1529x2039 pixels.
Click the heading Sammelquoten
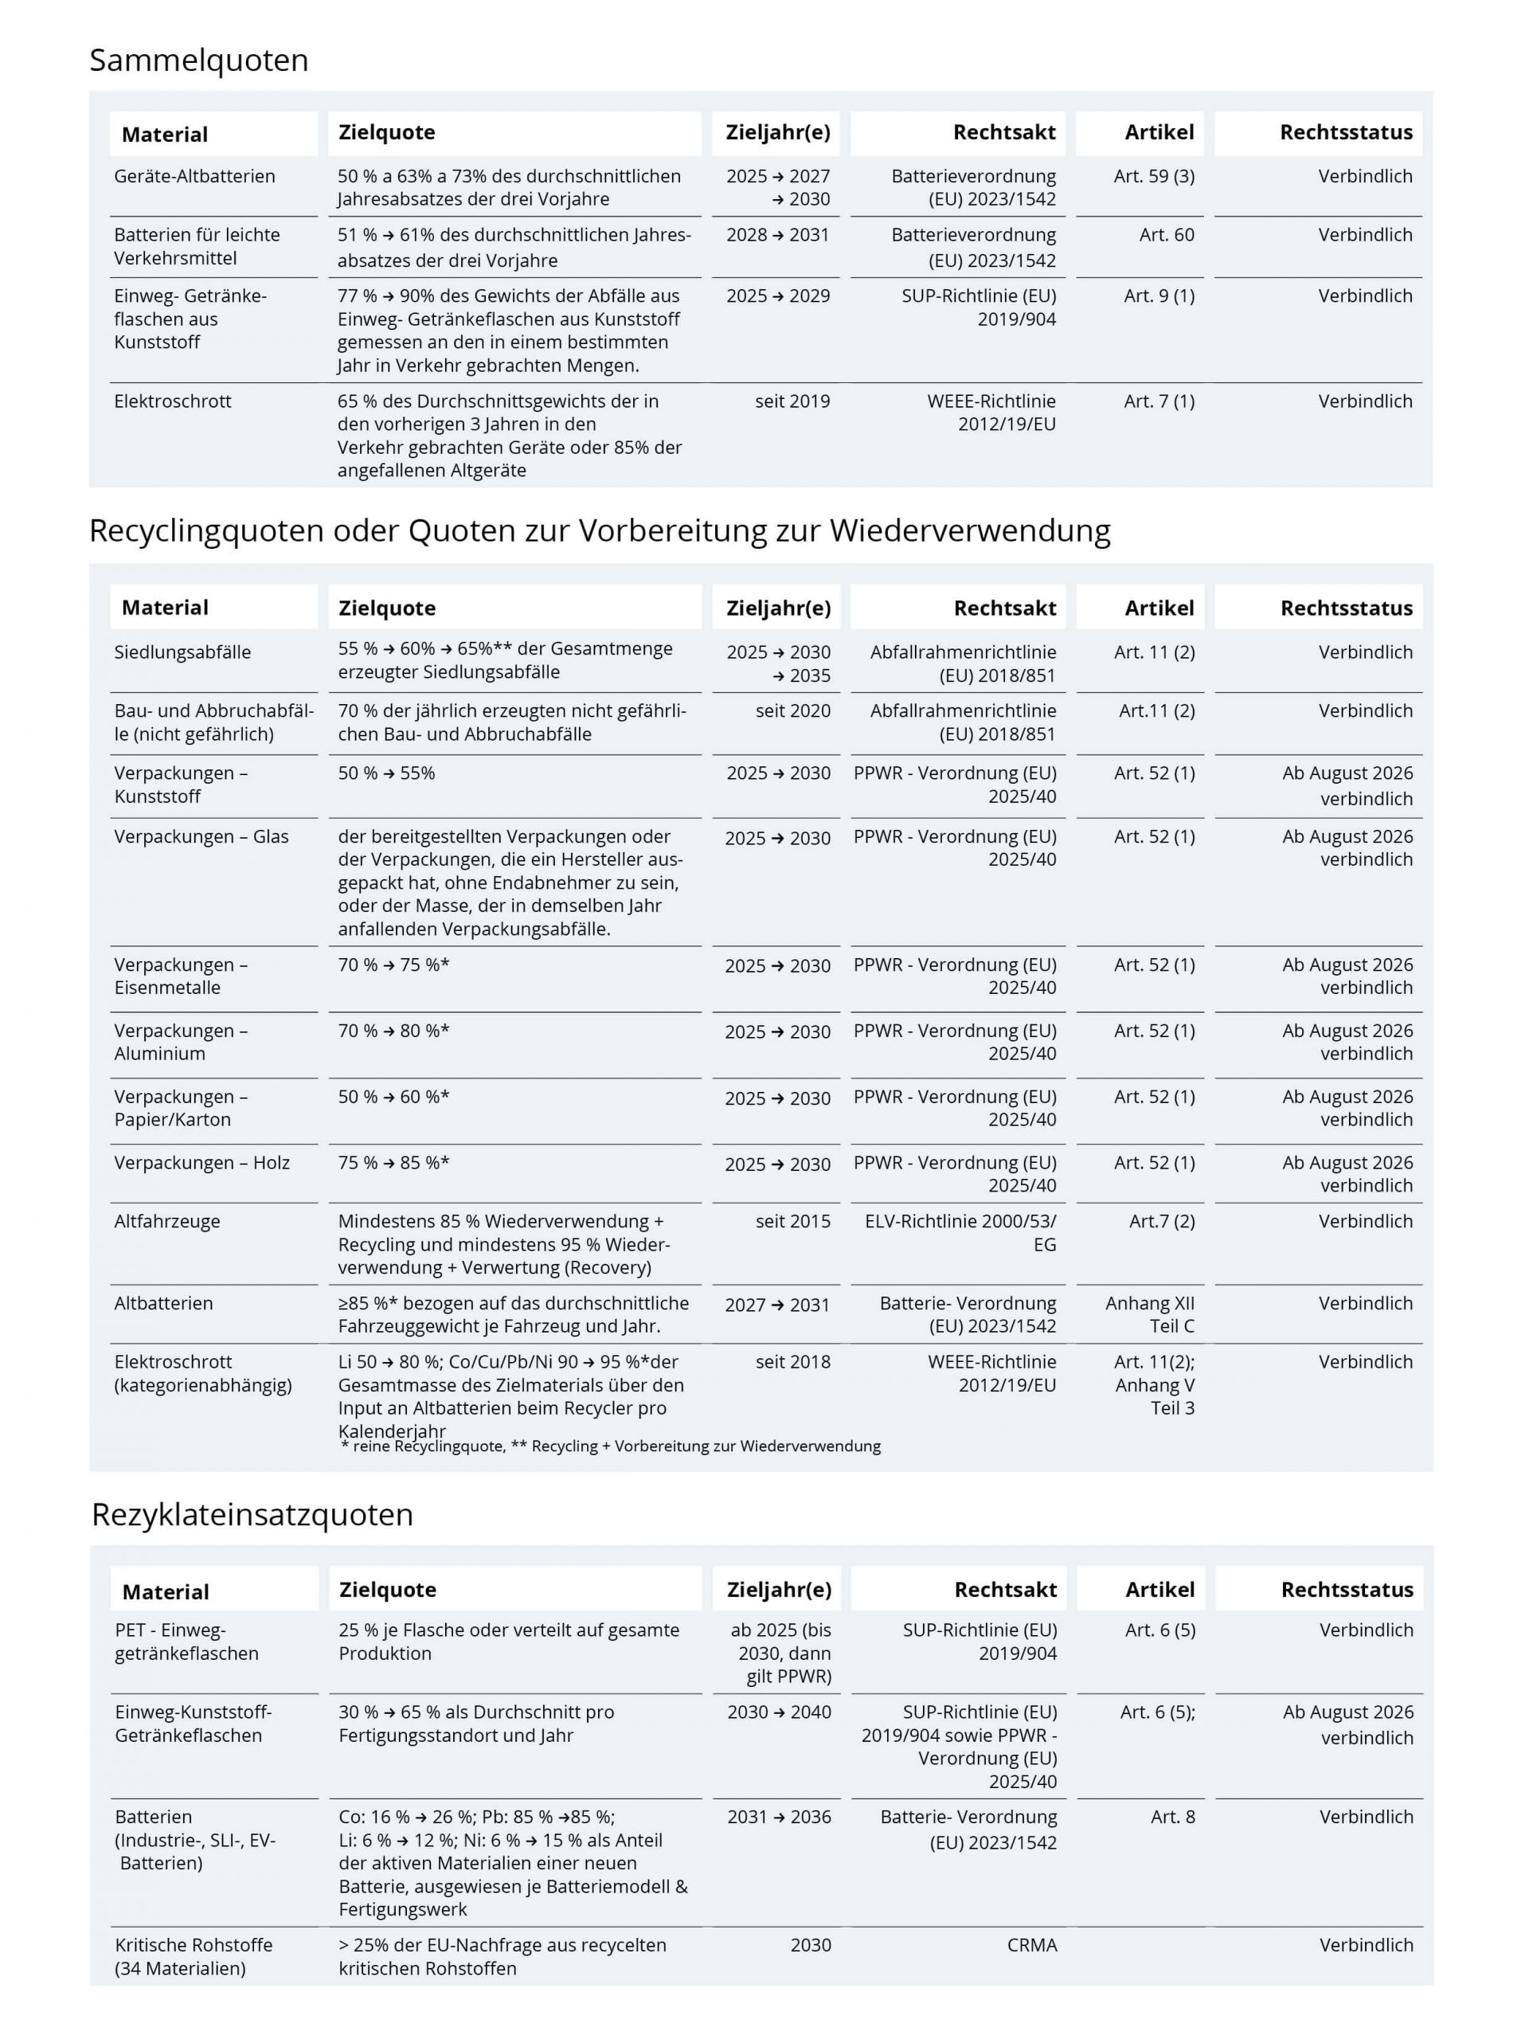[198, 61]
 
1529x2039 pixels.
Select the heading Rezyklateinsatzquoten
[252, 1514]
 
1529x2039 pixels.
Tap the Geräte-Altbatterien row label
[194, 176]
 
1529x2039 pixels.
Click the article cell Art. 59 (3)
[1154, 176]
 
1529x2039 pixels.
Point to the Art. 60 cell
[1166, 235]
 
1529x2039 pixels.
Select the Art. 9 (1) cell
[1159, 296]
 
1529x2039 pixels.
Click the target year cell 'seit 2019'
[792, 401]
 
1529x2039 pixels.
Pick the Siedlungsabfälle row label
[182, 652]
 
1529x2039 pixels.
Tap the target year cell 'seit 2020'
[792, 710]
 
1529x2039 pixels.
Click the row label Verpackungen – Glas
[201, 837]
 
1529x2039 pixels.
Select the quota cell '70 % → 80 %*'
[393, 1031]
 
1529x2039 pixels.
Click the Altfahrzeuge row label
[166, 1221]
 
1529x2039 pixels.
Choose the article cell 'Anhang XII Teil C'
[1149, 1314]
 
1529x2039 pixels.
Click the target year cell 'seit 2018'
[792, 1361]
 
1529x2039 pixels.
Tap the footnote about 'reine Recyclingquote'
[610, 1446]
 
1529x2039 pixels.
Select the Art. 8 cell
[1172, 1817]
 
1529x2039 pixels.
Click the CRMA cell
[1031, 1945]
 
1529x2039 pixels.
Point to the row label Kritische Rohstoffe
[194, 1956]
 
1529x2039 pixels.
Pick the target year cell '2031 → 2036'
[779, 1817]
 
